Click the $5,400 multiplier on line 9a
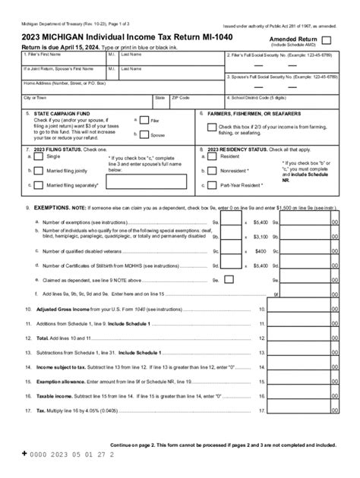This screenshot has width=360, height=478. click(260, 222)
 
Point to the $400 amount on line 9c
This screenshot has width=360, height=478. click(261, 250)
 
